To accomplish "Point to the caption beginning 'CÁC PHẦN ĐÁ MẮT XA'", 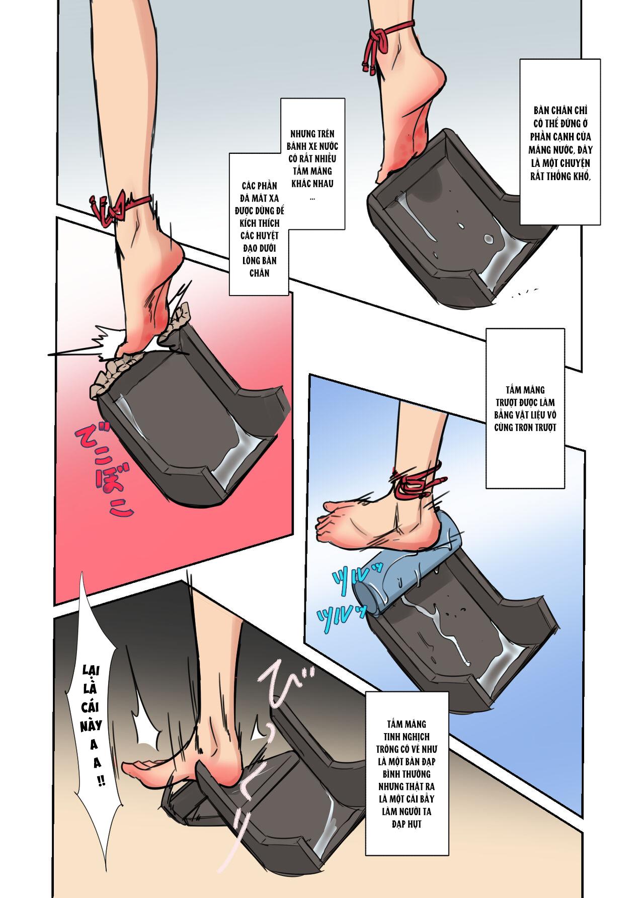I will (259, 224).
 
